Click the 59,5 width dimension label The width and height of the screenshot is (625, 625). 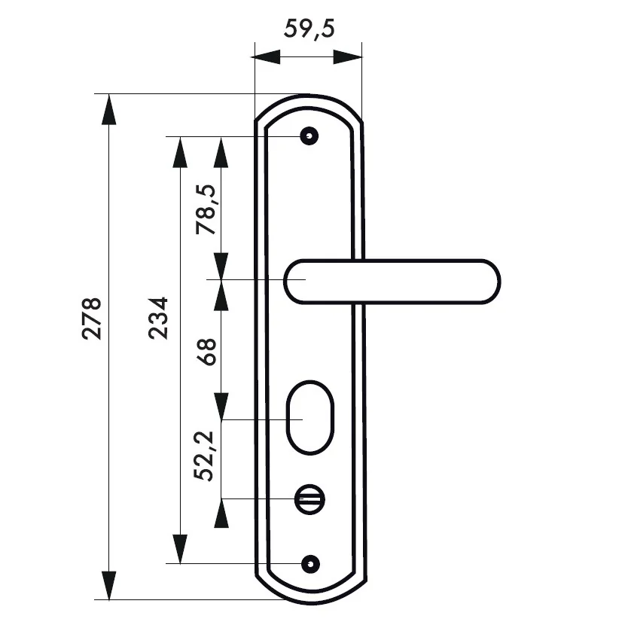click(x=309, y=29)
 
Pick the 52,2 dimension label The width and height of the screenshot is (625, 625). click(x=206, y=455)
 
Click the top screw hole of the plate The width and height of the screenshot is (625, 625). click(x=308, y=136)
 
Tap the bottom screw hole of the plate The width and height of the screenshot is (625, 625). click(x=308, y=563)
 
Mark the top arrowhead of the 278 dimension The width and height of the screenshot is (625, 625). click(x=110, y=109)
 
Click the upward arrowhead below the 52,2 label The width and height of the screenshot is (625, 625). click(x=221, y=514)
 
